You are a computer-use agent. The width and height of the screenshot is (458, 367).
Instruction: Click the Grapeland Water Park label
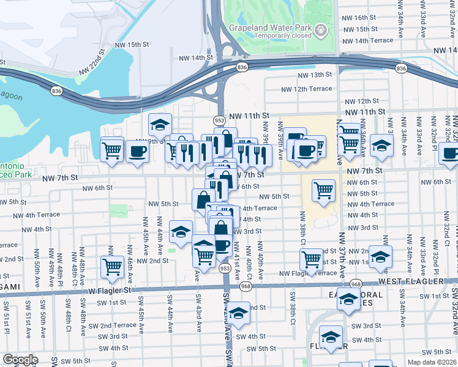[269, 28]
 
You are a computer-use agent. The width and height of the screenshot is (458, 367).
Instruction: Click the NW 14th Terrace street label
[369, 40]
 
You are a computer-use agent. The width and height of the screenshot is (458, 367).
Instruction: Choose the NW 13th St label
[312, 75]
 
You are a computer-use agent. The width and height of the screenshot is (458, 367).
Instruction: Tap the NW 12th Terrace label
[306, 89]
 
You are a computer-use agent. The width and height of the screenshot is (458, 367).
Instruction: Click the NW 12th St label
[362, 101]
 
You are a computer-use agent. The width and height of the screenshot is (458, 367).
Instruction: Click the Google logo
[20, 359]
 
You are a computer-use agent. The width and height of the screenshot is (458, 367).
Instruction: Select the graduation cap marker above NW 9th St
[160, 124]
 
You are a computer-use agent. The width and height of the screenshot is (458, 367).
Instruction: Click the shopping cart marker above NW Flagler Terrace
[312, 259]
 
